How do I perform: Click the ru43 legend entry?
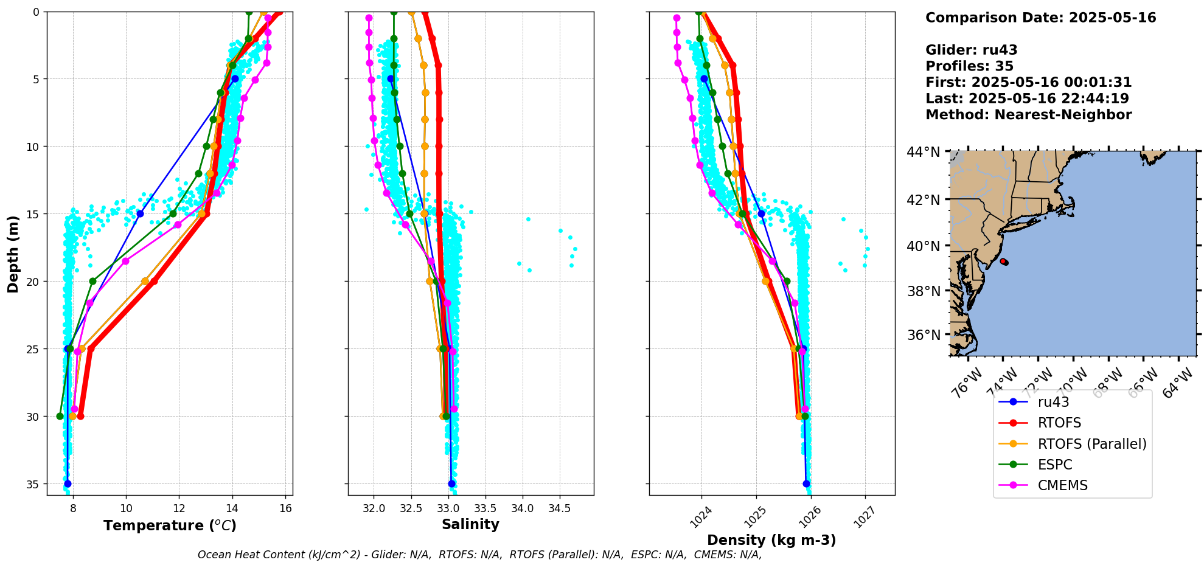[1053, 402]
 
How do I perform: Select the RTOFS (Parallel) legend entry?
[1092, 444]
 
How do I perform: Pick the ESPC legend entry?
[1055, 465]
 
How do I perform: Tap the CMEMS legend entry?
[1062, 485]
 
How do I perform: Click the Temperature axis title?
[170, 525]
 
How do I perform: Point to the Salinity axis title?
[470, 524]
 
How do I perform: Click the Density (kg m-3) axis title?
[771, 540]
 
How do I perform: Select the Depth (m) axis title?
[13, 254]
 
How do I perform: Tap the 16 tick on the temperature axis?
[285, 508]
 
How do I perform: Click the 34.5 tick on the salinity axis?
[559, 508]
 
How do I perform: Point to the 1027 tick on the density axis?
[864, 517]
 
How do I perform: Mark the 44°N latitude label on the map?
[923, 152]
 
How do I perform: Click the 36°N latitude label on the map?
[923, 335]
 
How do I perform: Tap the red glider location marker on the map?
[1004, 261]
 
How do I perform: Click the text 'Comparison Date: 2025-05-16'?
[1040, 18]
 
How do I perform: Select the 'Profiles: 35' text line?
[969, 66]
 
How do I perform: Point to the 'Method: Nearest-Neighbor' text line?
[1028, 115]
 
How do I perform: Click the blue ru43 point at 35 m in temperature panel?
[68, 484]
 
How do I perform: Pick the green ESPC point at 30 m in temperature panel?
[60, 417]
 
